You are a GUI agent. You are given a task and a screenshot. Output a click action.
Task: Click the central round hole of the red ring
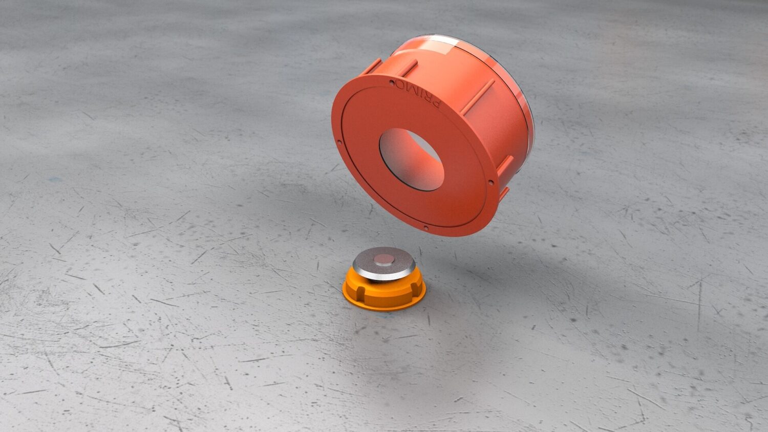[x=412, y=159]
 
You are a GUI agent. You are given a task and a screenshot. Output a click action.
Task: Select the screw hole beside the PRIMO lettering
[x=392, y=82]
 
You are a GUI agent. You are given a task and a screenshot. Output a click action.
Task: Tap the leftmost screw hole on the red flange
[x=339, y=141]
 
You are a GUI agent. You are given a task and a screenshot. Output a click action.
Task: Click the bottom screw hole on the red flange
[x=426, y=227]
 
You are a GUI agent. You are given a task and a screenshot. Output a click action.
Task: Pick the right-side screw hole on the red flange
[x=490, y=183]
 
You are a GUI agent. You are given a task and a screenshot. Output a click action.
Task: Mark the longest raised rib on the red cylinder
[x=477, y=97]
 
